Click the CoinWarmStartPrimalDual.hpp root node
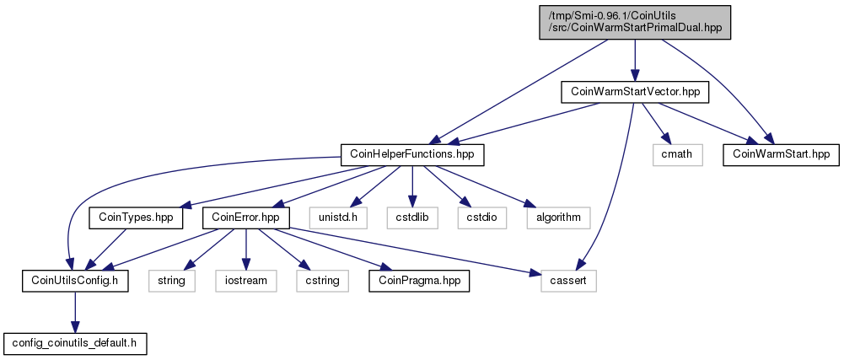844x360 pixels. [635, 22]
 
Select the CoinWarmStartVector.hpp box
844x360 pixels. [635, 92]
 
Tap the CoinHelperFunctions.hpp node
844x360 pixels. [412, 154]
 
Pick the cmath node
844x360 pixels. [678, 154]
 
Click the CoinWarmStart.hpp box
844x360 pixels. [781, 154]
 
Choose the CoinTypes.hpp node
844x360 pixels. [135, 218]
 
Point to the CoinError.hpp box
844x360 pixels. [246, 218]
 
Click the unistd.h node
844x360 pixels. [338, 218]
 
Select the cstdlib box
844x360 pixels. [411, 218]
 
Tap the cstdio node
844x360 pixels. [482, 218]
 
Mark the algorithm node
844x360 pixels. [558, 218]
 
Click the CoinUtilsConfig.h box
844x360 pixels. [75, 281]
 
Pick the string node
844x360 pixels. [172, 281]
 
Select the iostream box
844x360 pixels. [246, 281]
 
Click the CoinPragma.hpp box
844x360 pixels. [419, 281]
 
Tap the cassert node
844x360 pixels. [568, 281]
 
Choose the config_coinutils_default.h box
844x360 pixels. [75, 343]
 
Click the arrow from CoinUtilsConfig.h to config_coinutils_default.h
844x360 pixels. [75, 312]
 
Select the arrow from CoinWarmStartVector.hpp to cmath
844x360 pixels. [655, 123]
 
